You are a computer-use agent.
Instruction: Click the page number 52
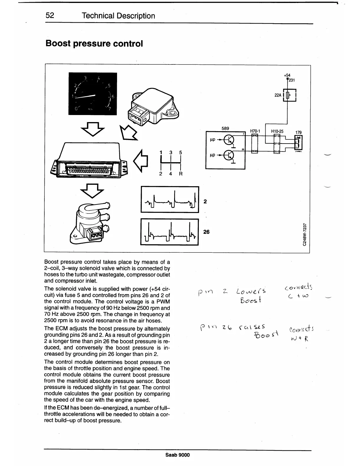50,16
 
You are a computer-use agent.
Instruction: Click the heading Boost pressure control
94,44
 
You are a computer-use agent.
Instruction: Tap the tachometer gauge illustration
93,94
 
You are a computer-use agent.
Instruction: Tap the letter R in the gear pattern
181,174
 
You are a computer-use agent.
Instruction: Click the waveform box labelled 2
170,199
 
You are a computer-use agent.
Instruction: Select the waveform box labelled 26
170,232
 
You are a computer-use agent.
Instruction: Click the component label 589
225,128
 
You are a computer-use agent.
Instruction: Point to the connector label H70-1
255,131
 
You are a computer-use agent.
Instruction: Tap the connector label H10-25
277,131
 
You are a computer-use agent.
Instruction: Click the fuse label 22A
278,95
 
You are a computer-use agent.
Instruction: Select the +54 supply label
287,75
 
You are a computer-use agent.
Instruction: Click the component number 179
298,133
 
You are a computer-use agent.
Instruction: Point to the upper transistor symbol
229,140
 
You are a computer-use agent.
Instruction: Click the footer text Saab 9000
178,455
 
